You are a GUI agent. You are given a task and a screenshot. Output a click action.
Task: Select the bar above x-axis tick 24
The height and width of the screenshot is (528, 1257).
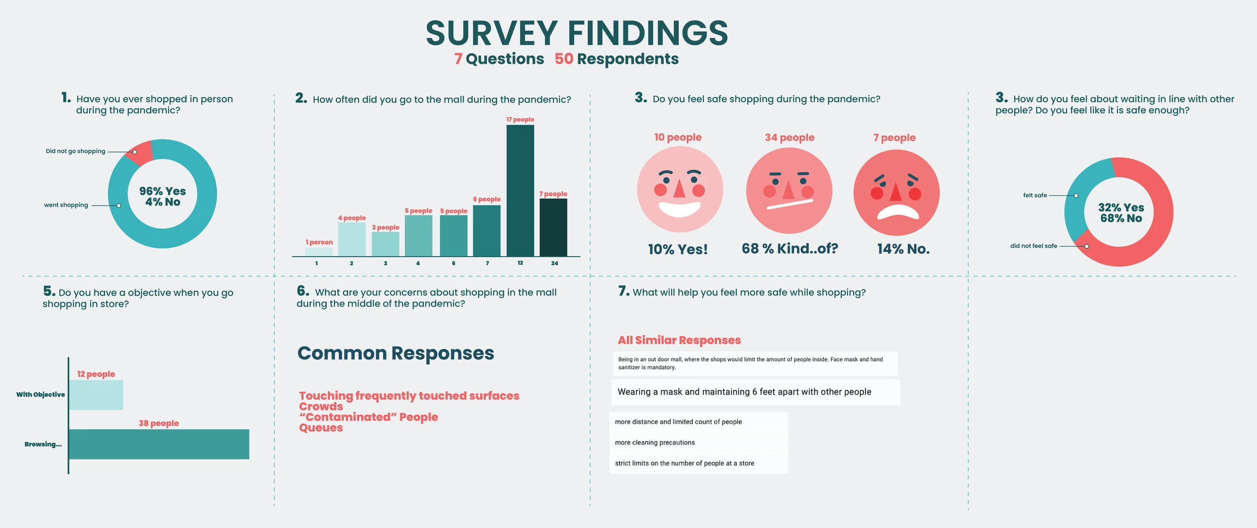[553, 227]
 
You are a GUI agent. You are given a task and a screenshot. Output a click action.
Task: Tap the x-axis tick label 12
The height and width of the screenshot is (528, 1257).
[520, 263]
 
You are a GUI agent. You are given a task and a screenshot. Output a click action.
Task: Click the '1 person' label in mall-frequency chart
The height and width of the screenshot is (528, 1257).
[319, 242]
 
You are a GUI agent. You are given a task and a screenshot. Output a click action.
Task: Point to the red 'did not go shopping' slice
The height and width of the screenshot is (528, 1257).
[139, 153]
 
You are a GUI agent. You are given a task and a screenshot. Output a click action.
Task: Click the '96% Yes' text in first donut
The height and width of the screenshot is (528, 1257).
[162, 191]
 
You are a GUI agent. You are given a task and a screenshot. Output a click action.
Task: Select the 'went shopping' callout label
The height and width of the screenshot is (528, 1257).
[66, 205]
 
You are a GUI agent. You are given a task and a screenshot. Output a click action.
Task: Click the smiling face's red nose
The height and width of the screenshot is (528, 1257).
[679, 189]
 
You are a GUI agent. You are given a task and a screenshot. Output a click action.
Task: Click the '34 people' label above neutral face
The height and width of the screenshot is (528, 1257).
[789, 137]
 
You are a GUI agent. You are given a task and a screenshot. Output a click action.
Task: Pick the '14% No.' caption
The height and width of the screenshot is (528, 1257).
[903, 249]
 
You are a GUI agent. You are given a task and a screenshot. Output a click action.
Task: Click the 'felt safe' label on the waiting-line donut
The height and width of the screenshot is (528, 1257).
[1035, 195]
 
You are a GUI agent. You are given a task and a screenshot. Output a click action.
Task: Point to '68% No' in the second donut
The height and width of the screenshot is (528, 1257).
[1121, 218]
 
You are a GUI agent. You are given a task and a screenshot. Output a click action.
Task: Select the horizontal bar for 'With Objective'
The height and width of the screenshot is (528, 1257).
[96, 395]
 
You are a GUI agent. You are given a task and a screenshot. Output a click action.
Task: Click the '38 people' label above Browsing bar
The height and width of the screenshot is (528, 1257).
[158, 423]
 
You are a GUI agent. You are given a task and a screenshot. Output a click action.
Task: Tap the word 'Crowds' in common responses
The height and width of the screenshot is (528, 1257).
[321, 406]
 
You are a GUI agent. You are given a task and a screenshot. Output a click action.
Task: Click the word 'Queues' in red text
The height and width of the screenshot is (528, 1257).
[321, 428]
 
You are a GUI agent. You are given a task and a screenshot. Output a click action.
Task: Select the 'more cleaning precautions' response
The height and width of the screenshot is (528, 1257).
[655, 442]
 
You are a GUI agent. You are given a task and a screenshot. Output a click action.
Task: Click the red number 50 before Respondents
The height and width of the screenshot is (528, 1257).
[563, 59]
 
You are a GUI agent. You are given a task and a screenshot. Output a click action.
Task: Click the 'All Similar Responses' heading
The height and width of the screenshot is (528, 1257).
[679, 340]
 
